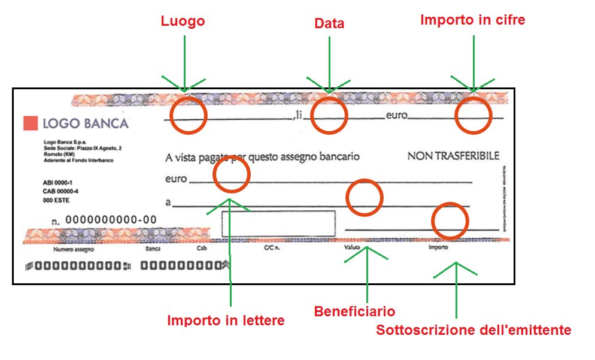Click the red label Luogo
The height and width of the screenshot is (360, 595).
[183, 22]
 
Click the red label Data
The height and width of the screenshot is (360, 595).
[329, 24]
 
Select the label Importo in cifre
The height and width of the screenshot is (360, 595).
[472, 20]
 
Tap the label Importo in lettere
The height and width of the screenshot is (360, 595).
[226, 320]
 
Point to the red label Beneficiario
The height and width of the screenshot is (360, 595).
[354, 311]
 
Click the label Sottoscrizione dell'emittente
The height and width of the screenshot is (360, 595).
[473, 330]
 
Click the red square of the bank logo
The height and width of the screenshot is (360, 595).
[30, 123]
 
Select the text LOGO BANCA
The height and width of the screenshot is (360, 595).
[86, 123]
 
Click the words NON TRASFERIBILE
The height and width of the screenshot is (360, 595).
[453, 156]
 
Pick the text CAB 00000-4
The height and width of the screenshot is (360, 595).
[60, 192]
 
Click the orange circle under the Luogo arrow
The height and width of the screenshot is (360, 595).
[189, 116]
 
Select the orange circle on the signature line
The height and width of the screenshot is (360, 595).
[450, 220]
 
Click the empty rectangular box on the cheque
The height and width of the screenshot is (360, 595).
[278, 224]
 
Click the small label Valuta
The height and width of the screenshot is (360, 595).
[352, 247]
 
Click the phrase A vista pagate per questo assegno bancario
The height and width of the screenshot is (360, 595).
[262, 158]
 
